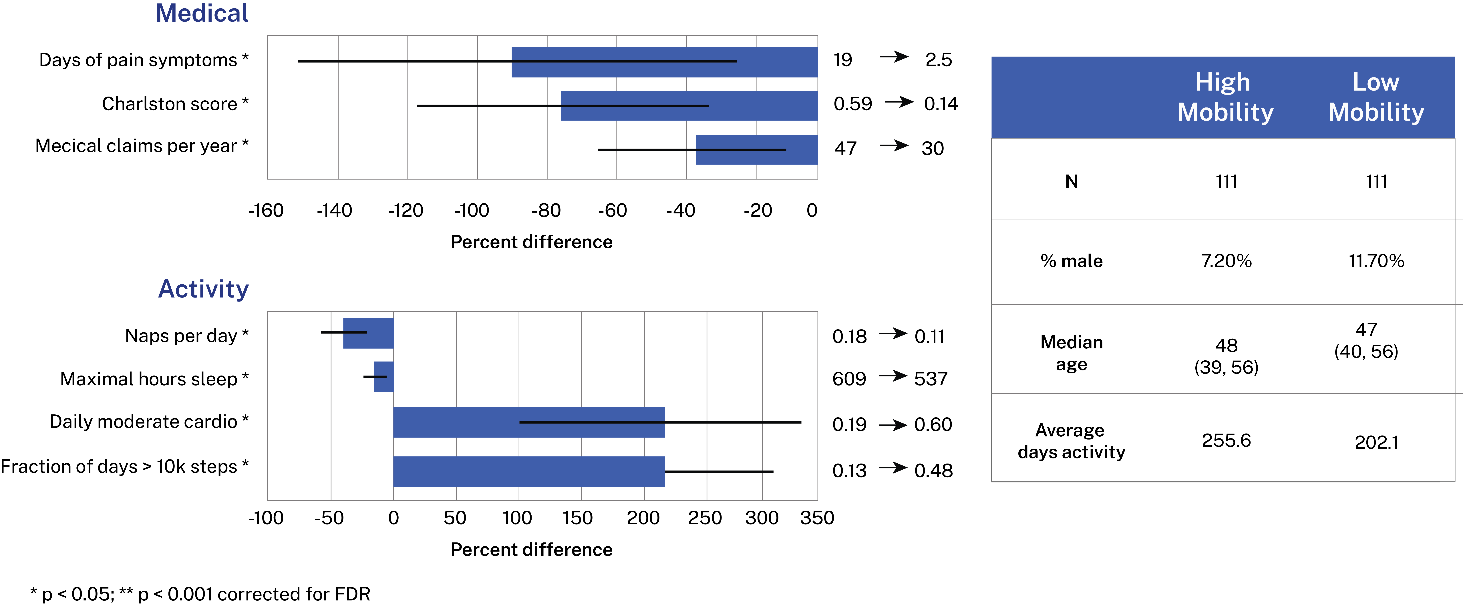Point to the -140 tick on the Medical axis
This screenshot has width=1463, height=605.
335,211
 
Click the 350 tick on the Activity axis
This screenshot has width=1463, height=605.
817,518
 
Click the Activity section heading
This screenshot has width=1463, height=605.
203,289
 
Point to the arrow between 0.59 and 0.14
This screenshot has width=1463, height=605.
899,102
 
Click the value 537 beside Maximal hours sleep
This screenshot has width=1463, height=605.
930,379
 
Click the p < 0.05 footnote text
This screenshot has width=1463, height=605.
200,594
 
